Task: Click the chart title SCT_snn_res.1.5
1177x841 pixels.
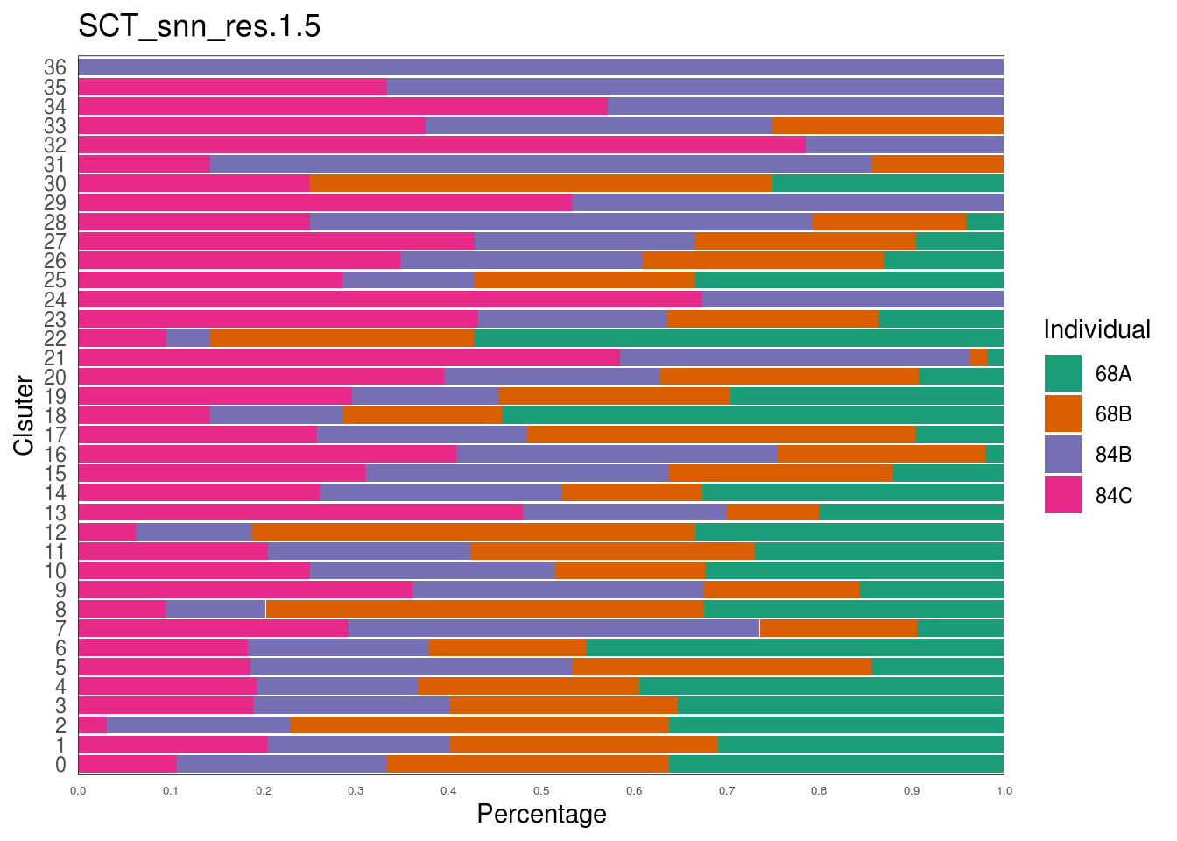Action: (199, 26)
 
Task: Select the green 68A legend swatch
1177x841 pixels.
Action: (1062, 373)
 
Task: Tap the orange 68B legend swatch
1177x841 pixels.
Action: (1062, 413)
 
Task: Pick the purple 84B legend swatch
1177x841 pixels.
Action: (1062, 454)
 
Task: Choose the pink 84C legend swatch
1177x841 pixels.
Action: (1062, 495)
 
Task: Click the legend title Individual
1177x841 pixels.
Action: (1096, 329)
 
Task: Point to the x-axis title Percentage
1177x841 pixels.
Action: (541, 814)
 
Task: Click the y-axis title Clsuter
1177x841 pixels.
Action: (24, 415)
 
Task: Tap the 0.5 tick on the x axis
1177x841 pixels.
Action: (541, 791)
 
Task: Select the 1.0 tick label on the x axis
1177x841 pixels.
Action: (1004, 791)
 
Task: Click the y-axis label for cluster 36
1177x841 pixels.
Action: (55, 67)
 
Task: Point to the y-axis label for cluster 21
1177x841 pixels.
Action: (55, 357)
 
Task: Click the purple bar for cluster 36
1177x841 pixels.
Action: (541, 67)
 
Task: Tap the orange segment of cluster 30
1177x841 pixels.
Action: (540, 183)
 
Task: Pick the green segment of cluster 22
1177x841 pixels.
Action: (738, 338)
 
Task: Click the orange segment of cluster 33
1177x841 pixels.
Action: (887, 125)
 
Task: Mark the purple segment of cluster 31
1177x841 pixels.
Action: (540, 164)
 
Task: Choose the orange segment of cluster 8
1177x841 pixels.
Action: (484, 609)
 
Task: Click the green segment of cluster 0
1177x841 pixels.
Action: (835, 764)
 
